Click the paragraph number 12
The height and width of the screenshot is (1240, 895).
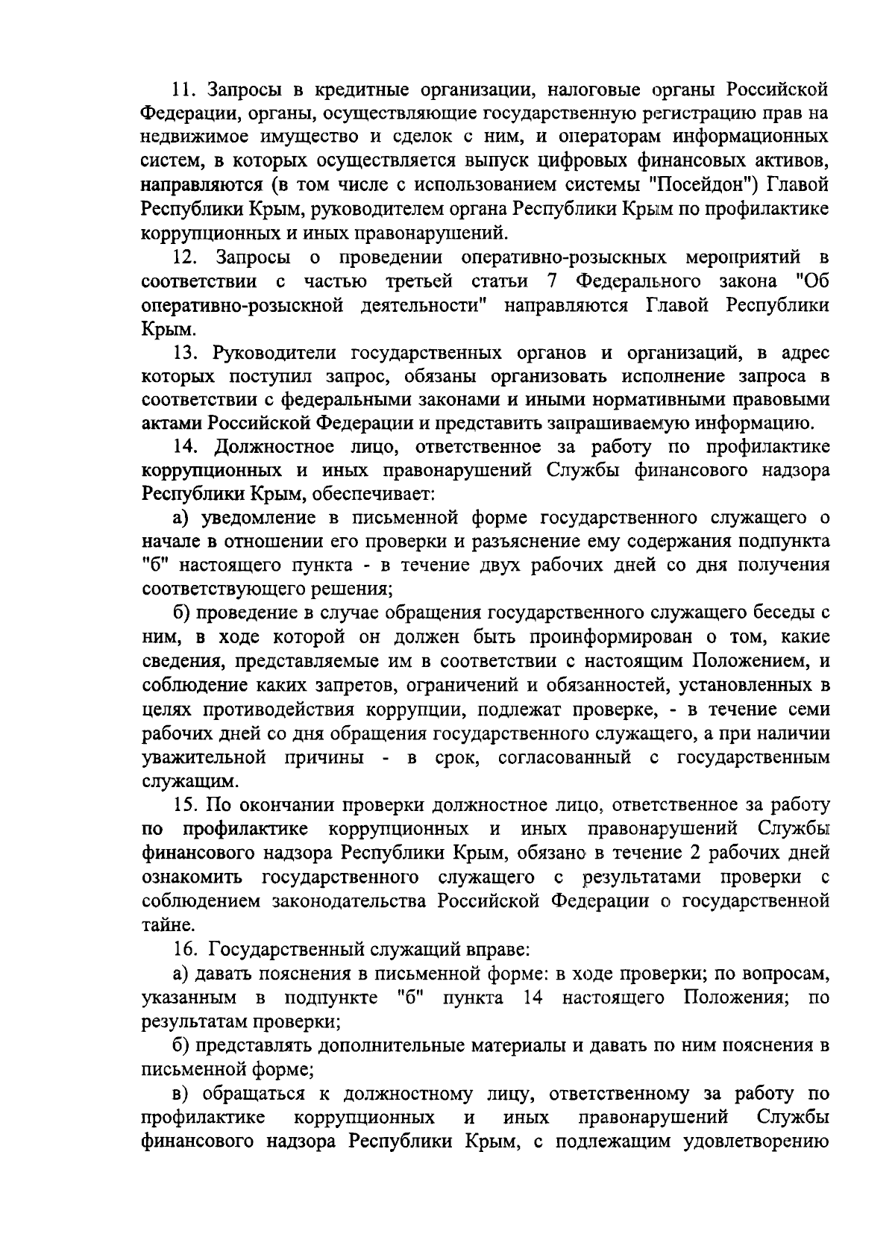click(x=184, y=258)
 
